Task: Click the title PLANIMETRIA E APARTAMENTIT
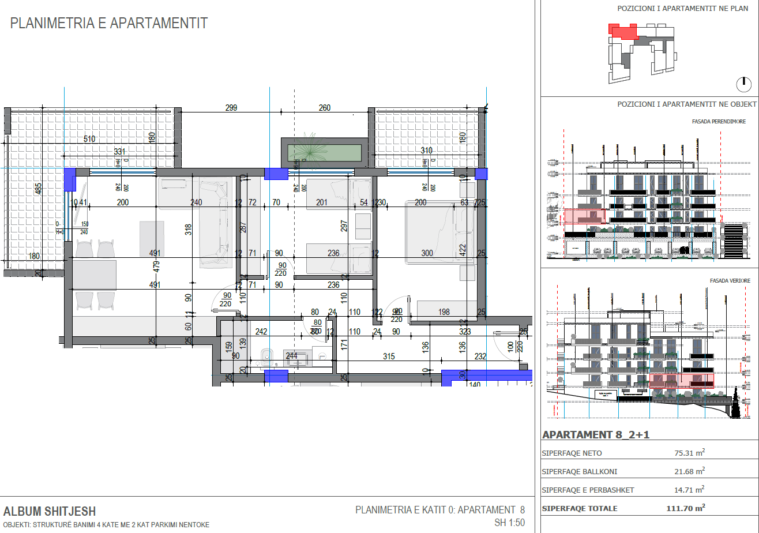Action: pos(109,24)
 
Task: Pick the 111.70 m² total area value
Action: pos(686,508)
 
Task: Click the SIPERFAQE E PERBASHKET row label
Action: pos(588,490)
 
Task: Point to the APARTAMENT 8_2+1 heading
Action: pos(596,435)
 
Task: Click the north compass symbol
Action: pos(744,85)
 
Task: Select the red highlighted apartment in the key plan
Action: pos(623,32)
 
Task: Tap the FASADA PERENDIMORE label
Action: pos(719,122)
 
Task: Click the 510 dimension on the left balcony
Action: pos(89,139)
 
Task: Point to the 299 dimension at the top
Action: pos(231,108)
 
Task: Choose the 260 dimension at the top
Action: pos(325,108)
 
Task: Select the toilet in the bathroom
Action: pos(266,358)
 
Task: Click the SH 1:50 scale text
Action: pos(510,523)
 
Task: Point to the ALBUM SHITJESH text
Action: pos(50,512)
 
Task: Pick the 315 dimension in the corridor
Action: pos(389,357)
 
